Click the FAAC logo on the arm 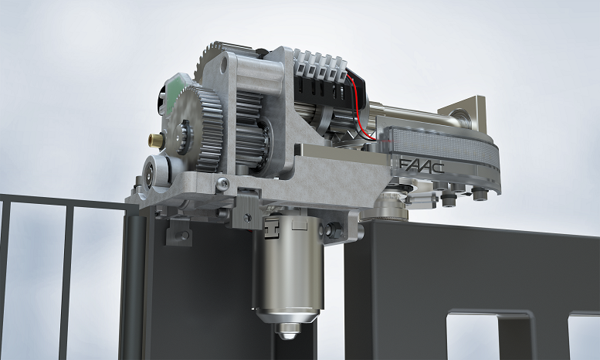(x=422, y=165)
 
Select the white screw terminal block (x=320, y=65)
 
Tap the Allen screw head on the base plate (x=222, y=184)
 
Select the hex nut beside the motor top (x=334, y=229)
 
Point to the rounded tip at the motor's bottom (x=288, y=331)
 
